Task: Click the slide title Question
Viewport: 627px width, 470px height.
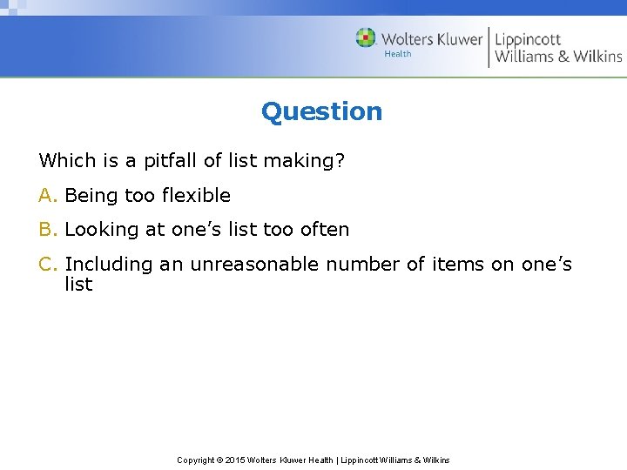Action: coord(321,111)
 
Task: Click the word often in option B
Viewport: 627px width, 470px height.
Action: coord(323,230)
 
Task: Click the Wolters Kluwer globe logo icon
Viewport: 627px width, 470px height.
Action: coord(366,38)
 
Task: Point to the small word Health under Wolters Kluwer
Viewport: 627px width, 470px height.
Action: coord(398,54)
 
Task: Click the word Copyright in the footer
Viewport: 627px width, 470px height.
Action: coord(196,460)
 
